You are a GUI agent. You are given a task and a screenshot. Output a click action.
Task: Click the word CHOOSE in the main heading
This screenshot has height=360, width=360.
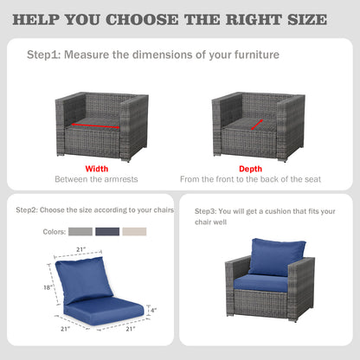pos(142,20)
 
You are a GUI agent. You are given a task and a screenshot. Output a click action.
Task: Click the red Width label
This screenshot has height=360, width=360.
pos(97,169)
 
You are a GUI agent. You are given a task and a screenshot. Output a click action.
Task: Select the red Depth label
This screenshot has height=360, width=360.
pos(250,169)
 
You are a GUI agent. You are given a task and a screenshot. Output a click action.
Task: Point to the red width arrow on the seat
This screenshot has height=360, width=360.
pos(95,126)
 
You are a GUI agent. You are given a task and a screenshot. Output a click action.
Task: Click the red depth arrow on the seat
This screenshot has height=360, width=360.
pos(257,125)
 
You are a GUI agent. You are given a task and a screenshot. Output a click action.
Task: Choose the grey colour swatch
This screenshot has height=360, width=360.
pos(80,231)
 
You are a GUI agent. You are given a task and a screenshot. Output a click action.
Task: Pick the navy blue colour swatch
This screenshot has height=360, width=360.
pos(107,231)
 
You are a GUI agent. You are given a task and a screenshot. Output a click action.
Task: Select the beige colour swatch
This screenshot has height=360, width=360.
pos(134,231)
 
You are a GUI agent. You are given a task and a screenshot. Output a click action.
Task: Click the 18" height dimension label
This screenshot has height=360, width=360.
pos(48,287)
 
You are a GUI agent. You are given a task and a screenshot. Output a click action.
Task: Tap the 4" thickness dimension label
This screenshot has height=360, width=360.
pos(153,310)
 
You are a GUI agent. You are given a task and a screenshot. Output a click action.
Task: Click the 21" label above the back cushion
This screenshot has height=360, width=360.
pos(81,249)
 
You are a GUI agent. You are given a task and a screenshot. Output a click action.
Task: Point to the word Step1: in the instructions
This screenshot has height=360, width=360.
pos(44,55)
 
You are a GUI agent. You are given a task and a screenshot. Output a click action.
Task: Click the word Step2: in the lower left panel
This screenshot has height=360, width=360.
pos(27,210)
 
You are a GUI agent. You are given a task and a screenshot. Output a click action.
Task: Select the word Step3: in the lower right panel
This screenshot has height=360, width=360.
pos(205,211)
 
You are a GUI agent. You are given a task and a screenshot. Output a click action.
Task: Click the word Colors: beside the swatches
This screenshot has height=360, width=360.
pos(55,232)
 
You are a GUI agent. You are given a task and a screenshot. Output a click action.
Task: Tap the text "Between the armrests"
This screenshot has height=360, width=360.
pos(96,179)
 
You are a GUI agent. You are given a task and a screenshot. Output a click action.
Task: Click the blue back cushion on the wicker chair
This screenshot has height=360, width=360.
pos(276,257)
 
